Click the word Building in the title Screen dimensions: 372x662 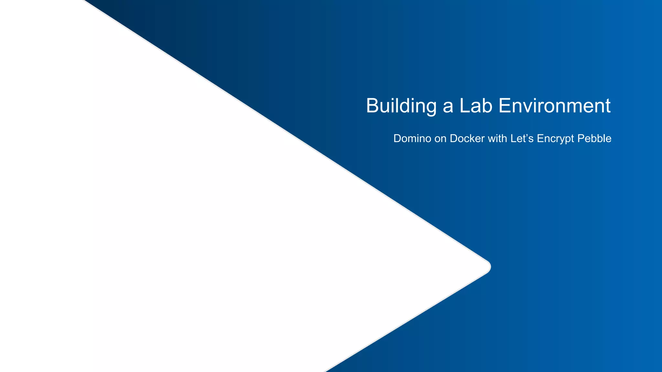click(401, 106)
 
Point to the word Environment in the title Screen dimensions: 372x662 click(554, 106)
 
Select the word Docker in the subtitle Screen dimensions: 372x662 click(467, 139)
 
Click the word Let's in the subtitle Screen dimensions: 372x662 click(522, 139)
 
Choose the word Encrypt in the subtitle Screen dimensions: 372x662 click(555, 139)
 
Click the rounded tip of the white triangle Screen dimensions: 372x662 click(489, 267)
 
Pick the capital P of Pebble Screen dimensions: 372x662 click(581, 139)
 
